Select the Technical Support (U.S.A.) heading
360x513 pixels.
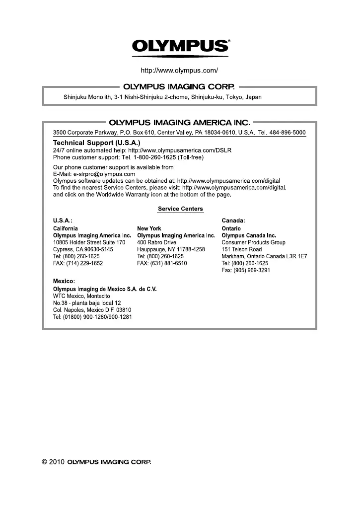97,143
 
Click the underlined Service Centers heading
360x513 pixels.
180,209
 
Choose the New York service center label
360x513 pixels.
149,228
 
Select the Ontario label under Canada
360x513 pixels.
231,228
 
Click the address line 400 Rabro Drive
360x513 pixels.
156,242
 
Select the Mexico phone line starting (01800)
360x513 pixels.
92,317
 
